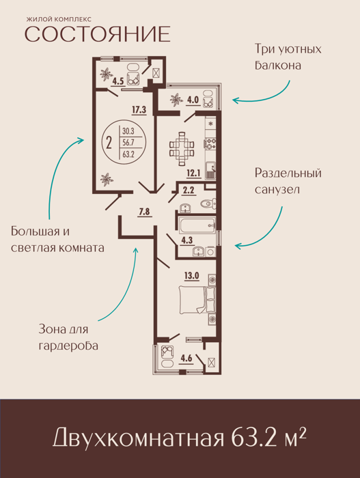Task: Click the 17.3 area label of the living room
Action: (139, 110)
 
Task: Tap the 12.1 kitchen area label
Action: (193, 173)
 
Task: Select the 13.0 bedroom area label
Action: (191, 276)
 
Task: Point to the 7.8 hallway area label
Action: (144, 212)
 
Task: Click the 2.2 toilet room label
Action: (189, 191)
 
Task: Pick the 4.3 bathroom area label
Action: (187, 240)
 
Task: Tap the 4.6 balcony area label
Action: (186, 358)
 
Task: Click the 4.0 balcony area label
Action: (193, 100)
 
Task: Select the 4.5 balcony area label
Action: (117, 81)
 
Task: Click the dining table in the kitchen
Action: (182, 148)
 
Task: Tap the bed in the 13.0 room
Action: (197, 300)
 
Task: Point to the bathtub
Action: (197, 225)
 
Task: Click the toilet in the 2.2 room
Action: (209, 203)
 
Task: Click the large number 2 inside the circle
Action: (109, 142)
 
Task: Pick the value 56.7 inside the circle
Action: (128, 143)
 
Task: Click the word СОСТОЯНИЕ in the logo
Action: (97, 34)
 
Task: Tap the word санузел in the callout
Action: (273, 190)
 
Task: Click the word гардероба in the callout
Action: (68, 346)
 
